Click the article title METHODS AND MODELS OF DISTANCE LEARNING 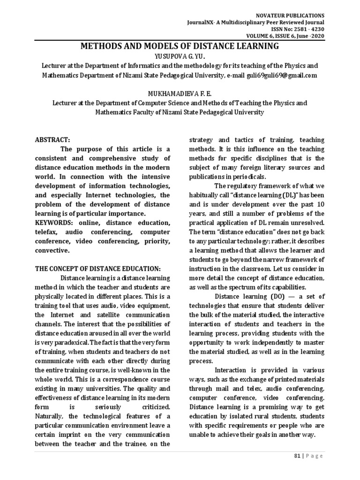tap(180, 46)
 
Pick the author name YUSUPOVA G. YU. tap(180, 56)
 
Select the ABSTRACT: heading tap(52, 140)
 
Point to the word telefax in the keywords tap(49, 232)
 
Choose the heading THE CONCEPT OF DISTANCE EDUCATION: tap(98, 269)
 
